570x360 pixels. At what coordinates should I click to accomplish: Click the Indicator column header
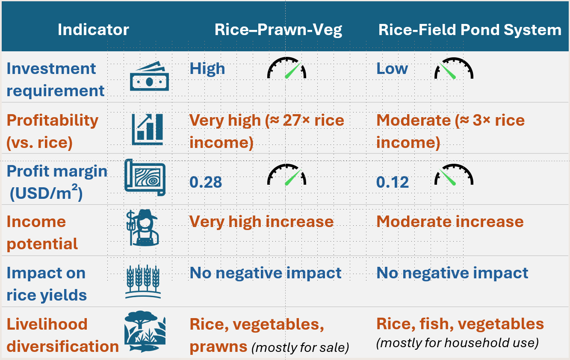pyautogui.click(x=93, y=30)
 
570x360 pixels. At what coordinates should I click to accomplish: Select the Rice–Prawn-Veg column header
pyautogui.click(x=278, y=30)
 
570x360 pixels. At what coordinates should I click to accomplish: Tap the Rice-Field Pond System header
pyautogui.click(x=470, y=30)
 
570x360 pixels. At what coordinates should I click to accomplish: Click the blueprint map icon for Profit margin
pyautogui.click(x=145, y=177)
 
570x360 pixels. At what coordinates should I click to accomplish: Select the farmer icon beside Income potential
pyautogui.click(x=143, y=228)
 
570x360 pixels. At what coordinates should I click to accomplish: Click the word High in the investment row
pyautogui.click(x=207, y=69)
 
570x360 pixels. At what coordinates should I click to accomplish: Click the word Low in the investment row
pyautogui.click(x=392, y=69)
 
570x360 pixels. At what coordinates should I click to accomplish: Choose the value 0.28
pyautogui.click(x=206, y=183)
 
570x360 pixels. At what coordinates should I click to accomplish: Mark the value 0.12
pyautogui.click(x=393, y=183)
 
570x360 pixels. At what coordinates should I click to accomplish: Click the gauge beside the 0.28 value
pyautogui.click(x=287, y=175)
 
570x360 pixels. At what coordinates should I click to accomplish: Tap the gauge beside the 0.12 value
pyautogui.click(x=454, y=175)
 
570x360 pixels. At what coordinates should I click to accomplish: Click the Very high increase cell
pyautogui.click(x=261, y=221)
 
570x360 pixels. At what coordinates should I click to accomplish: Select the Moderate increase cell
pyautogui.click(x=450, y=221)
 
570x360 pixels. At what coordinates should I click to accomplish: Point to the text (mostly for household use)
pyautogui.click(x=457, y=343)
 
